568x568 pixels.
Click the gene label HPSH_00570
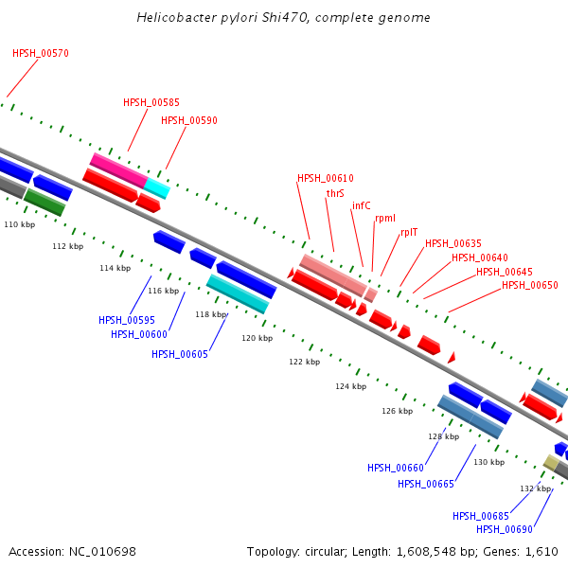click(x=41, y=53)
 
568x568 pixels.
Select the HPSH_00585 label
click(x=151, y=102)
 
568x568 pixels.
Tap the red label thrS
click(x=335, y=193)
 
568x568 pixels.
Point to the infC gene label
click(x=362, y=205)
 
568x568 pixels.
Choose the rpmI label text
click(x=385, y=219)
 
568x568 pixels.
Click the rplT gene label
click(x=409, y=232)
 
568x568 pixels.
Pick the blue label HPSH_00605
click(x=180, y=354)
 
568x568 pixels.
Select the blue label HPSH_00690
click(x=505, y=529)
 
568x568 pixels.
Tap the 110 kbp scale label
click(x=20, y=224)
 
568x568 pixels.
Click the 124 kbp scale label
click(x=350, y=386)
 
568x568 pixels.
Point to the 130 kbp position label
click(x=489, y=462)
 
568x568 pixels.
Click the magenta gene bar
click(x=119, y=170)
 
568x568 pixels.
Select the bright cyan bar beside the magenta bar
click(x=157, y=188)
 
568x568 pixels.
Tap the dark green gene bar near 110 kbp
click(x=44, y=203)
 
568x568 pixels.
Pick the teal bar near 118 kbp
click(x=238, y=293)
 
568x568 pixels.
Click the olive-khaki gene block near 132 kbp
click(x=551, y=463)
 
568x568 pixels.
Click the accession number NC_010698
click(x=102, y=552)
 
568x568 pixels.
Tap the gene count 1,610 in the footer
click(x=541, y=552)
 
